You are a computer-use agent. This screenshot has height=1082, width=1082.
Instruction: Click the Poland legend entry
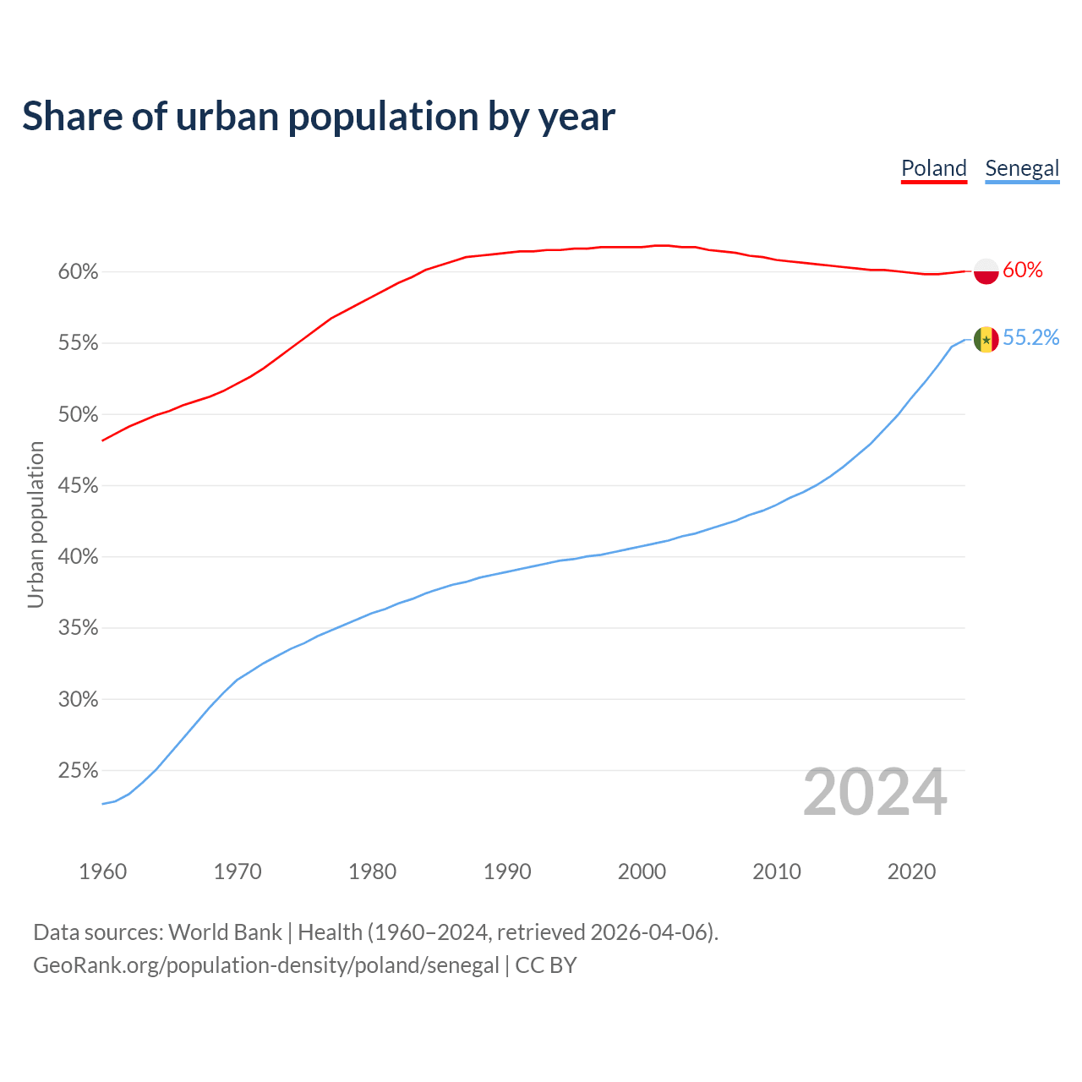tap(933, 168)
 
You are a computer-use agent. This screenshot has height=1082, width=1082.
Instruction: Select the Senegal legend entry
tap(1022, 168)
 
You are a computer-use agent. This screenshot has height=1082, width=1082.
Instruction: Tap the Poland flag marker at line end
tap(986, 270)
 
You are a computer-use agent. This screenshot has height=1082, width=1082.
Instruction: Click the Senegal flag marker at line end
tap(986, 340)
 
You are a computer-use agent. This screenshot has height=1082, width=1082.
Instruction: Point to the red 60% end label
tap(1023, 270)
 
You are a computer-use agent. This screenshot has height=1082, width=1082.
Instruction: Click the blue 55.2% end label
tap(1030, 338)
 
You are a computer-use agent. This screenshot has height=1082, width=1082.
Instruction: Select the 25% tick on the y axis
tap(78, 771)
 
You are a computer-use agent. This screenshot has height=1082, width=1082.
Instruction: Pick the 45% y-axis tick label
tap(78, 486)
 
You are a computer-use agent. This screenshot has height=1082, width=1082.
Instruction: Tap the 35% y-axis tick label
tap(78, 628)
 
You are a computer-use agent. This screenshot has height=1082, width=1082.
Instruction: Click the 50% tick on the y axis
tap(78, 415)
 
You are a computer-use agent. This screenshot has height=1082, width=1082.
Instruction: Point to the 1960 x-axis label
tap(102, 872)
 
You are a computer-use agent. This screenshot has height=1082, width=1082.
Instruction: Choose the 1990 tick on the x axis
tap(507, 872)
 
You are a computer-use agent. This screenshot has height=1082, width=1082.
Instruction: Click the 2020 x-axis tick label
tap(911, 872)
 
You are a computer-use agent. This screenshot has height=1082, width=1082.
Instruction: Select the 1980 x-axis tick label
tap(372, 872)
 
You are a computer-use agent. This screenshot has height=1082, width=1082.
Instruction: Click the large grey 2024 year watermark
tap(875, 793)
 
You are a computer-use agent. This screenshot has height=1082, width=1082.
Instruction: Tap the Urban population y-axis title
tap(36, 524)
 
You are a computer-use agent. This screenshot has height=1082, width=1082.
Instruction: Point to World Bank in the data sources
tap(225, 932)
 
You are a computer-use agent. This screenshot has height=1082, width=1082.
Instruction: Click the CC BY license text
tap(546, 965)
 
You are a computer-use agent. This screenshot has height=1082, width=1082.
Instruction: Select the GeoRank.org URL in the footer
tap(265, 965)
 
